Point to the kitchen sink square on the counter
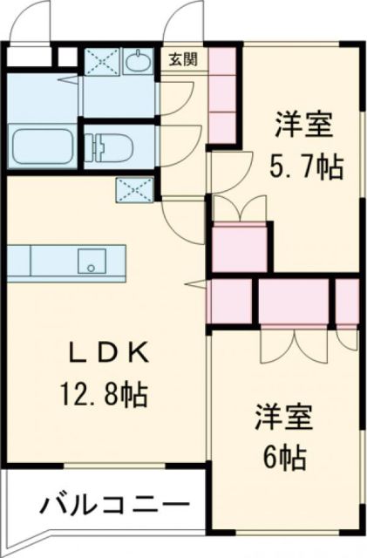tap(89, 259)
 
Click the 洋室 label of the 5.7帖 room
tap(305, 125)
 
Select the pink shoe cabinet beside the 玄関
tap(223, 96)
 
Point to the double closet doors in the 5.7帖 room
tap(237, 209)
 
